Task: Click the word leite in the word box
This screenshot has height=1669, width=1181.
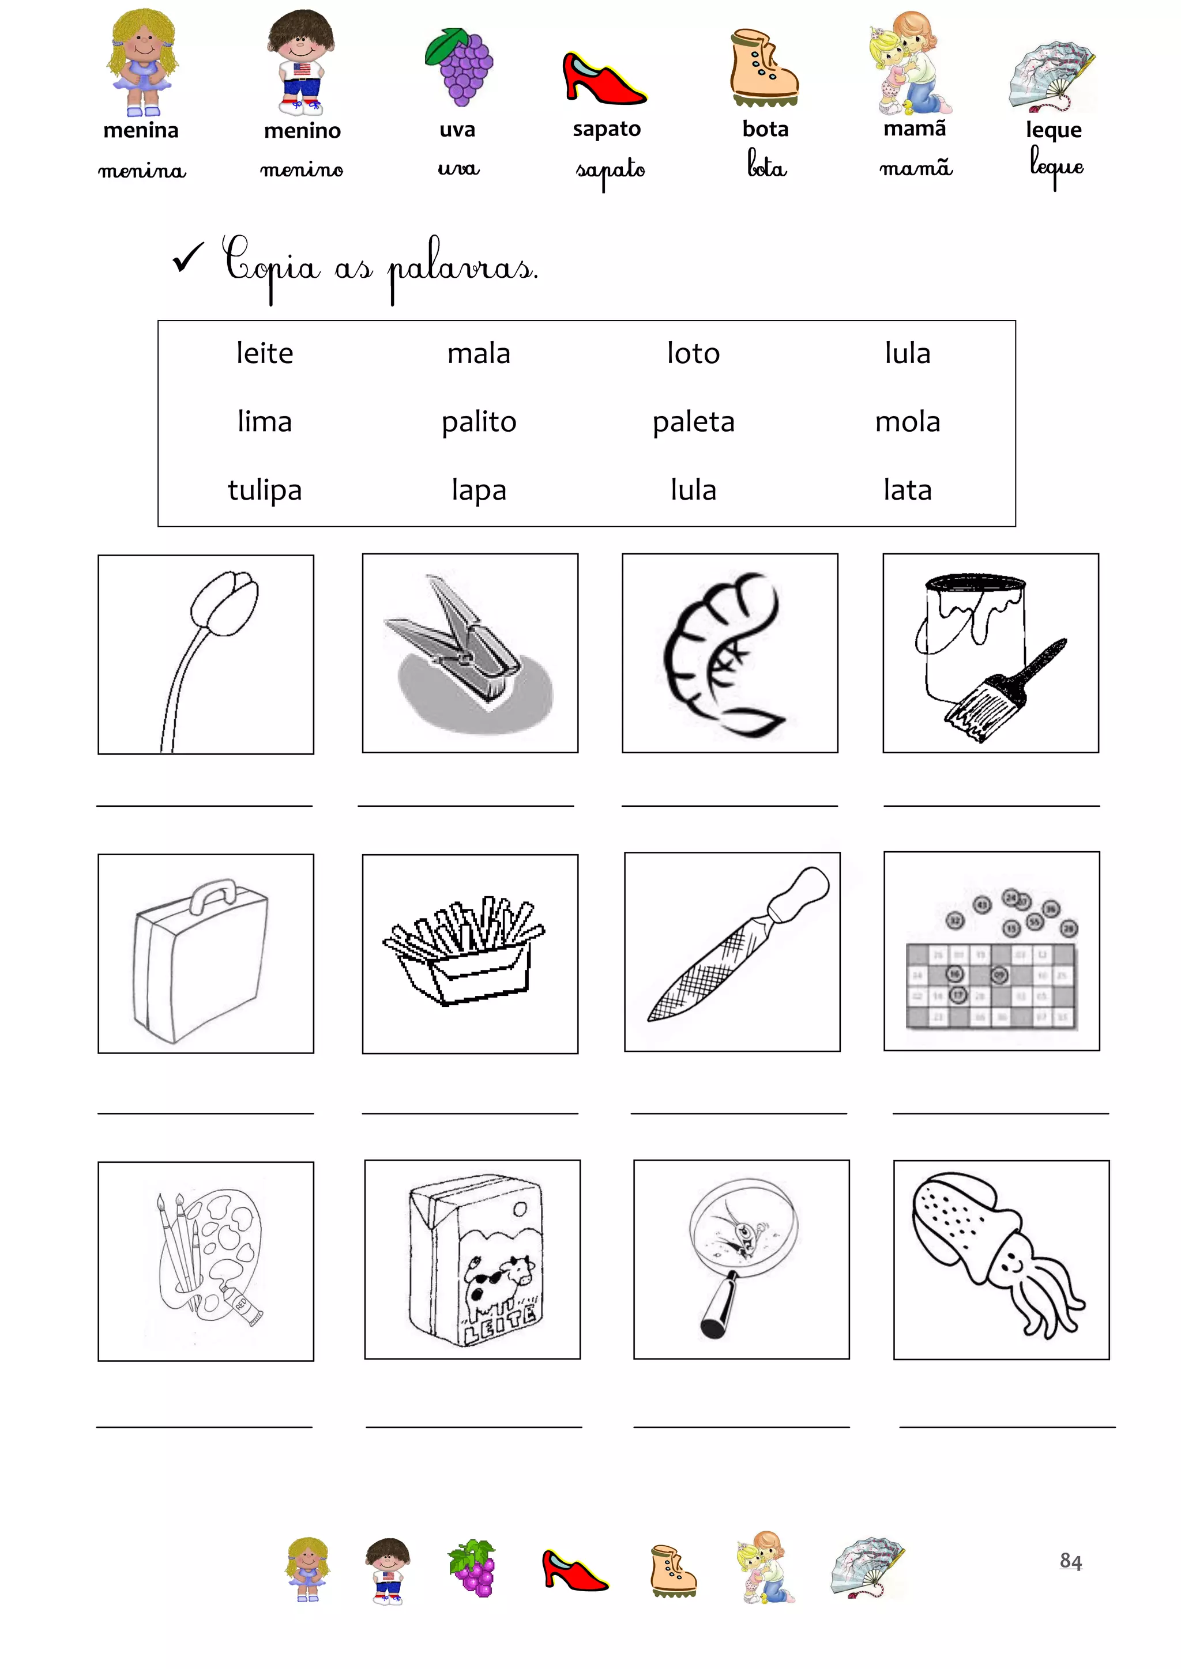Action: [265, 353]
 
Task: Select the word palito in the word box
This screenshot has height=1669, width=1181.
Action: [479, 422]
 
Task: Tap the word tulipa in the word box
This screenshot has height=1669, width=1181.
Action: [265, 490]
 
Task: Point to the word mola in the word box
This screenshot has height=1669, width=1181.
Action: [908, 422]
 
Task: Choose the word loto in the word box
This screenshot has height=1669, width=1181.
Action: [694, 353]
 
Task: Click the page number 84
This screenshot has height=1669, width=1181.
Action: [1070, 1561]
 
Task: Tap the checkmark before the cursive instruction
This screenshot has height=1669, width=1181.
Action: [189, 258]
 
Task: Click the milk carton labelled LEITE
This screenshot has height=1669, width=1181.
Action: [476, 1260]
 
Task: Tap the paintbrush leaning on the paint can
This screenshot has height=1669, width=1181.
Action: [1006, 690]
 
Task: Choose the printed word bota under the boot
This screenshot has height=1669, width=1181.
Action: [765, 130]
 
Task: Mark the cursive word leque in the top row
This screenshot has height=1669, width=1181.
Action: [1056, 167]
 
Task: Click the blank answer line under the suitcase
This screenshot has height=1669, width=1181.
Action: [206, 1113]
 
